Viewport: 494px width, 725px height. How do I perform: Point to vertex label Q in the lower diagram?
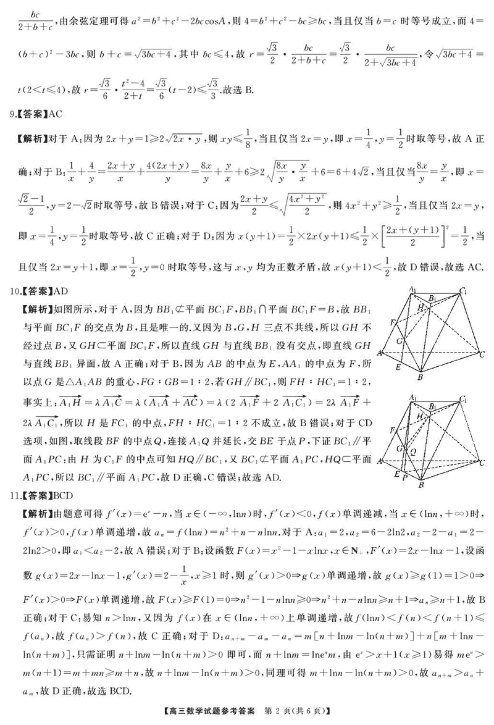[412, 451]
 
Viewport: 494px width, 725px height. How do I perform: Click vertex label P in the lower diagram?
[405, 477]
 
